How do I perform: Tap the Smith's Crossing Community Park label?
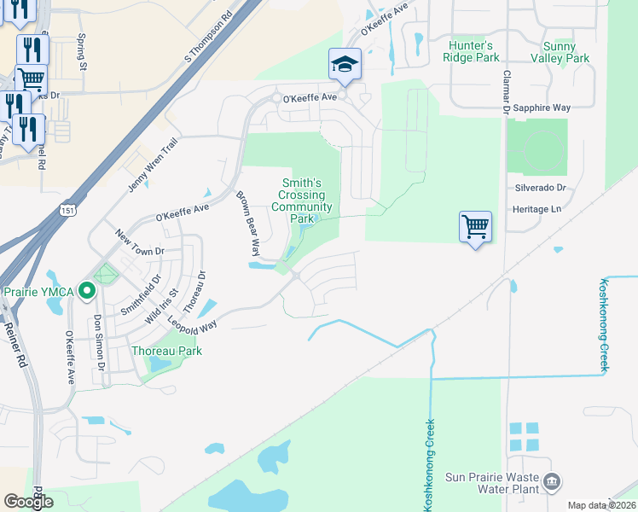click(x=302, y=201)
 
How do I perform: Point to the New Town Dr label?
click(x=139, y=247)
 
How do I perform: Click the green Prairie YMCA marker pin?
click(x=86, y=292)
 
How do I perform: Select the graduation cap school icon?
click(x=345, y=63)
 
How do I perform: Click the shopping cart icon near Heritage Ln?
click(x=475, y=226)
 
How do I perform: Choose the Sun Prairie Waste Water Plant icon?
click(x=552, y=482)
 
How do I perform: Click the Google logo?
click(x=29, y=502)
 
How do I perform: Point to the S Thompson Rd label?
click(x=208, y=38)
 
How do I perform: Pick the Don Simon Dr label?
click(x=99, y=342)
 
